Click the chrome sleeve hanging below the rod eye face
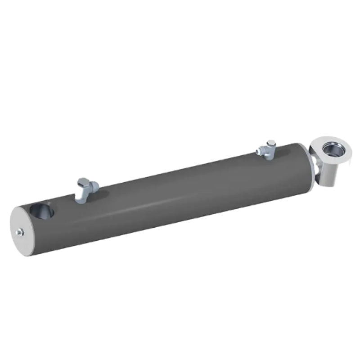pyautogui.click(x=331, y=173)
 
